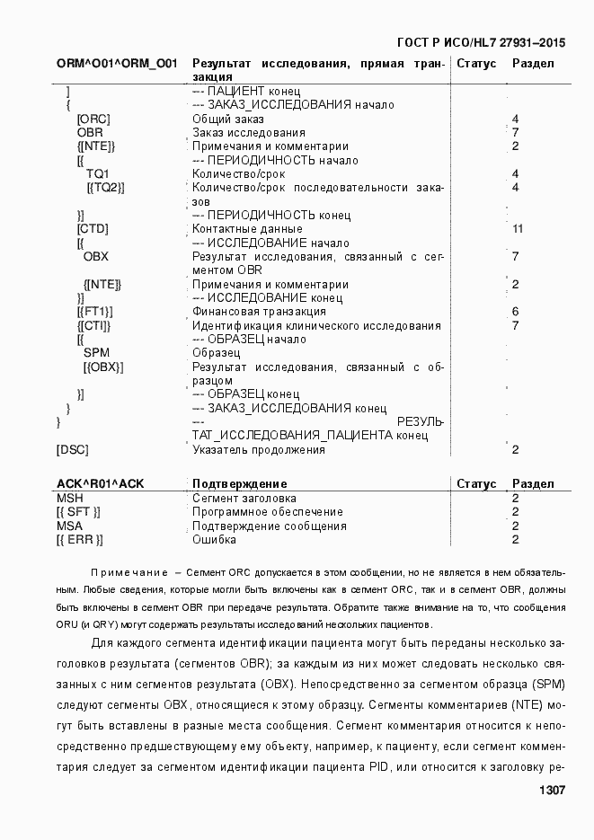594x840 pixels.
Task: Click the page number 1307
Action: coord(551,791)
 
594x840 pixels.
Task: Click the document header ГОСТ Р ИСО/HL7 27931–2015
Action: coord(481,42)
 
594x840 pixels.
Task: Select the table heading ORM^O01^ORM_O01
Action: coord(117,64)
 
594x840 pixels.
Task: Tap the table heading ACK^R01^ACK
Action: coord(100,484)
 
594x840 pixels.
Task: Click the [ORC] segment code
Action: coord(93,119)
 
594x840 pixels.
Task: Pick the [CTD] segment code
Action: coord(93,229)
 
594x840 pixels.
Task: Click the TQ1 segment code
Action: coord(97,173)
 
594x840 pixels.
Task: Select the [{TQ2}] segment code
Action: coord(105,188)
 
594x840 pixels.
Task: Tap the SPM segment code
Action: coord(96,353)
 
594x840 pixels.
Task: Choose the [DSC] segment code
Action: coord(73,450)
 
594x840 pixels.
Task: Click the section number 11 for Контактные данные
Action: coord(518,229)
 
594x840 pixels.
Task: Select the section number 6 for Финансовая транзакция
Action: coord(516,312)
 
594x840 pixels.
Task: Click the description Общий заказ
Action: coord(228,119)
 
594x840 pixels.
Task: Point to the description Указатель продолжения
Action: coord(259,450)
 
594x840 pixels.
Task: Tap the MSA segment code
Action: coord(69,526)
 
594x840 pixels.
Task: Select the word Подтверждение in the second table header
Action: coord(240,484)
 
